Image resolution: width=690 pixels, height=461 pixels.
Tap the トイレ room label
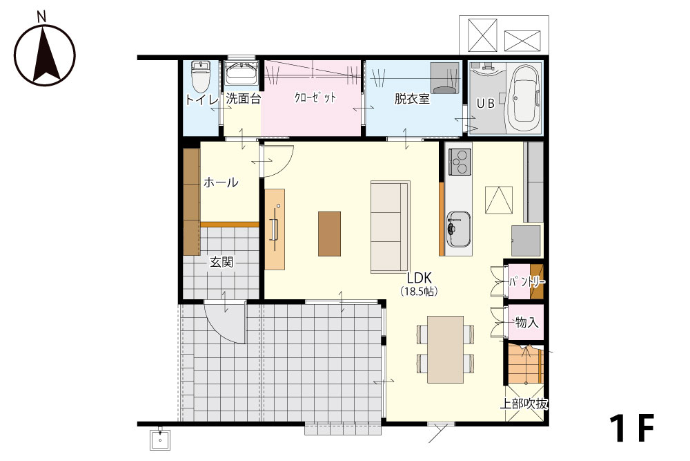click(201, 100)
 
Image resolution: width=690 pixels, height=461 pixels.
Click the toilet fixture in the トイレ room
click(201, 75)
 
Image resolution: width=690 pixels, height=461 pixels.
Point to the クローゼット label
click(315, 97)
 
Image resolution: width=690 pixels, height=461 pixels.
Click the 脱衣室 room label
click(412, 99)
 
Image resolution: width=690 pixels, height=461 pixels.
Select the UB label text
click(486, 103)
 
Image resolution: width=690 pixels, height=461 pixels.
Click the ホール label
click(221, 182)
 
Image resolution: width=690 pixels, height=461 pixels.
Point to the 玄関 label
click(221, 263)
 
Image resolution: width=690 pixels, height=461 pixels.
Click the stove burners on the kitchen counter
click(460, 162)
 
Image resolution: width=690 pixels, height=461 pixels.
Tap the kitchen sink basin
click(459, 229)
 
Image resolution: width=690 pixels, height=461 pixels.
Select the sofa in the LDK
click(391, 227)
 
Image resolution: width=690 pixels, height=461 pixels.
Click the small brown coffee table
click(329, 234)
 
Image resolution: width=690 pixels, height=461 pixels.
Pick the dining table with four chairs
click(445, 349)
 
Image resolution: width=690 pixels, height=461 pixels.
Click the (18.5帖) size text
click(419, 291)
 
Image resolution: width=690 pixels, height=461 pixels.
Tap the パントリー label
click(527, 282)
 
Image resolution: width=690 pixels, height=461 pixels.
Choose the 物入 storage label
click(526, 322)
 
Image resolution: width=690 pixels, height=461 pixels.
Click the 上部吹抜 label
click(524, 403)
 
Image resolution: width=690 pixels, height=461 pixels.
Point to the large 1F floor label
click(632, 428)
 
